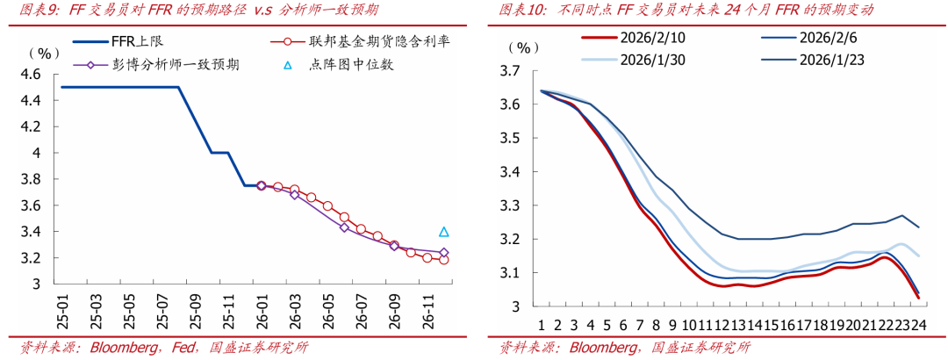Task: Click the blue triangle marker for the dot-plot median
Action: click(x=444, y=232)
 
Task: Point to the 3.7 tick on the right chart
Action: click(x=511, y=71)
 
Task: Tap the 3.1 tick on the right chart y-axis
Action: click(x=511, y=273)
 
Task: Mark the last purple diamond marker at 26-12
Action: click(x=444, y=253)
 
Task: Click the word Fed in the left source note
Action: click(x=174, y=348)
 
